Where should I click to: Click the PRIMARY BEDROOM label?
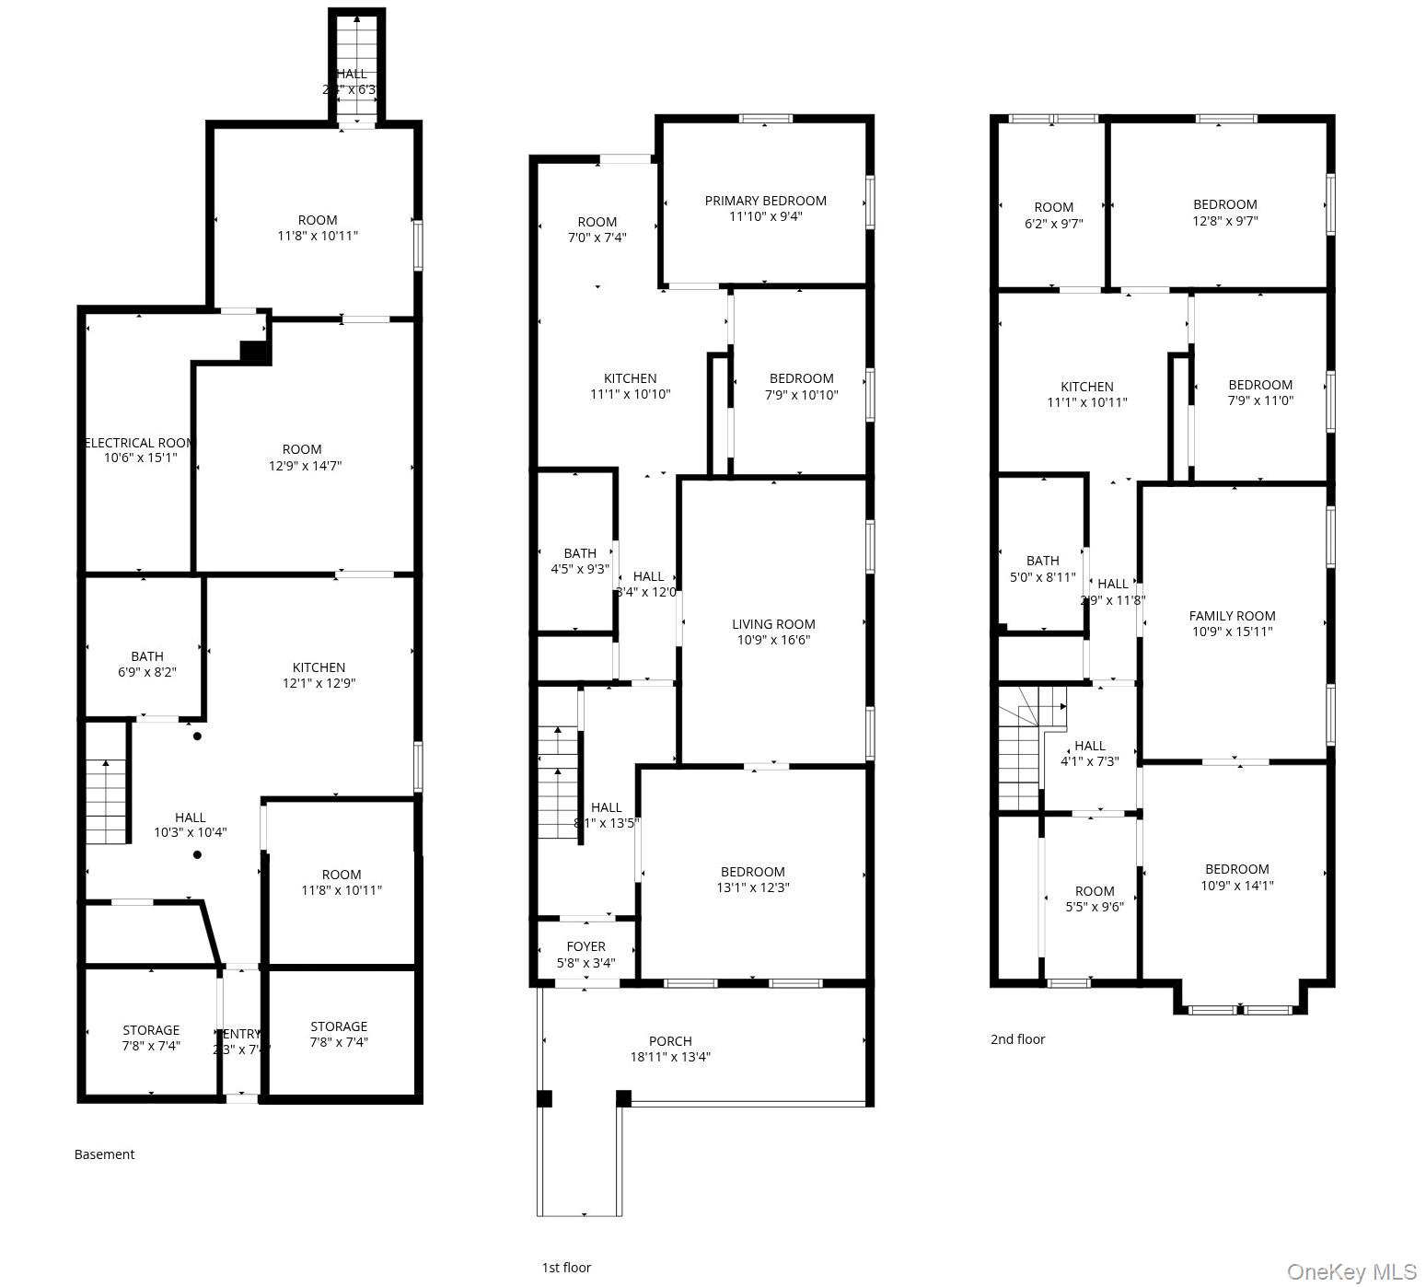(x=765, y=201)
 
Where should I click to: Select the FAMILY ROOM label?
(x=1232, y=616)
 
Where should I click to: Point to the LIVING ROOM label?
(x=773, y=624)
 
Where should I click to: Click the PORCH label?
(x=669, y=1041)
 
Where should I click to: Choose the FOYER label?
(x=585, y=946)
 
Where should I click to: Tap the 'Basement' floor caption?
(x=104, y=1154)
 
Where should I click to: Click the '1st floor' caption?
(x=566, y=1268)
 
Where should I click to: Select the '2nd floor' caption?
(x=1017, y=1039)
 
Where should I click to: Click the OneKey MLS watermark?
(x=1351, y=1272)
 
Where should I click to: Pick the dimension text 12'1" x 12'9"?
(x=319, y=683)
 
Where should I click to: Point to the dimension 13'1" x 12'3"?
(x=752, y=887)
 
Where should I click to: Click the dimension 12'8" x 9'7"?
(x=1224, y=221)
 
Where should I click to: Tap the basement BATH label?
(x=146, y=656)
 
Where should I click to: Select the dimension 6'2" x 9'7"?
(x=1053, y=224)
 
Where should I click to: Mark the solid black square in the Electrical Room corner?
(x=253, y=351)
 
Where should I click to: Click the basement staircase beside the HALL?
(x=106, y=801)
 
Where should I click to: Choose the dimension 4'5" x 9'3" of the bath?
(x=579, y=569)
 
